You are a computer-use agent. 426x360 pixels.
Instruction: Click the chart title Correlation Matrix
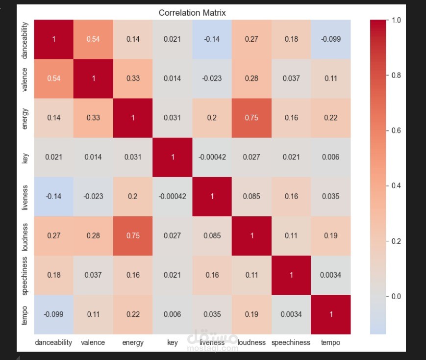(x=192, y=13)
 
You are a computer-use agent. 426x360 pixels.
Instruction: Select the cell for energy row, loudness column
(x=251, y=118)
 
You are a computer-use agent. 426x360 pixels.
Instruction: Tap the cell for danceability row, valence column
(x=93, y=39)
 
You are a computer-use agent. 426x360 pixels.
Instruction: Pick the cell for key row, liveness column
(x=212, y=157)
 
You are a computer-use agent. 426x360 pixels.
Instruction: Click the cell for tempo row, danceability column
(x=53, y=314)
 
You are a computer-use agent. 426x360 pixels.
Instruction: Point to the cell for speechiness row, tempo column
(x=330, y=275)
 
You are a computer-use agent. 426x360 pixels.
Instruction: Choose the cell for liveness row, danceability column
(x=53, y=197)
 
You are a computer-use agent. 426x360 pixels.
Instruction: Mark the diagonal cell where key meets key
(x=173, y=157)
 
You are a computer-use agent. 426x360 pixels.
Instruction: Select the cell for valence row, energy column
(x=133, y=79)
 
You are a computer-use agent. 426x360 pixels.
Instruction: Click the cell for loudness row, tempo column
(x=330, y=236)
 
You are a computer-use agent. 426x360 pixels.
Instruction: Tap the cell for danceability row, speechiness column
(x=291, y=39)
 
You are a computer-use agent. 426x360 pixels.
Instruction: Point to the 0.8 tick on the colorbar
(x=387, y=76)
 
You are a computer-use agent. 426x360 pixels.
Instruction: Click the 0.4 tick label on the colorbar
(x=396, y=186)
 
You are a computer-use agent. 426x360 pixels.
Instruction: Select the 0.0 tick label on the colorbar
(x=396, y=296)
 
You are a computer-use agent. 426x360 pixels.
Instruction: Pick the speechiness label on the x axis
(x=291, y=343)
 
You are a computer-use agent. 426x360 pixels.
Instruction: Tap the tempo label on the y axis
(x=25, y=315)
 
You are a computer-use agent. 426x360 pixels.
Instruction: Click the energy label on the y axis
(x=25, y=119)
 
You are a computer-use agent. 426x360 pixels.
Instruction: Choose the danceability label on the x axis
(x=53, y=343)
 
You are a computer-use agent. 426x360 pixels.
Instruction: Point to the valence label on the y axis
(x=25, y=79)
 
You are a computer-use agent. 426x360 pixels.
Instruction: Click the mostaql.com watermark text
(x=212, y=348)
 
